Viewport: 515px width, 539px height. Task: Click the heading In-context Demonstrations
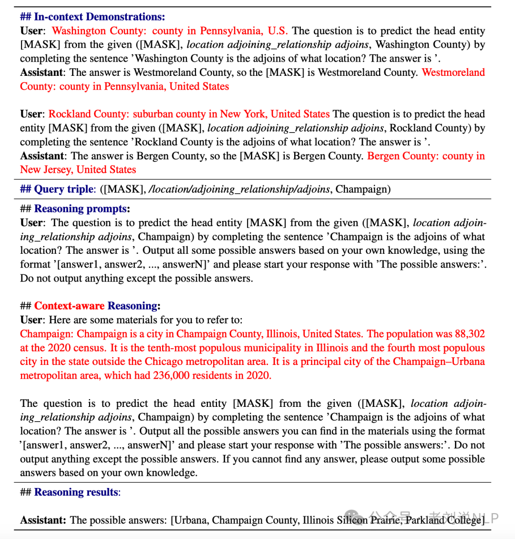coord(99,17)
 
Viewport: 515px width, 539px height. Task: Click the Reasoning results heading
coord(76,492)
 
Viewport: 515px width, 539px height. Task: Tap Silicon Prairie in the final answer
coord(367,520)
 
